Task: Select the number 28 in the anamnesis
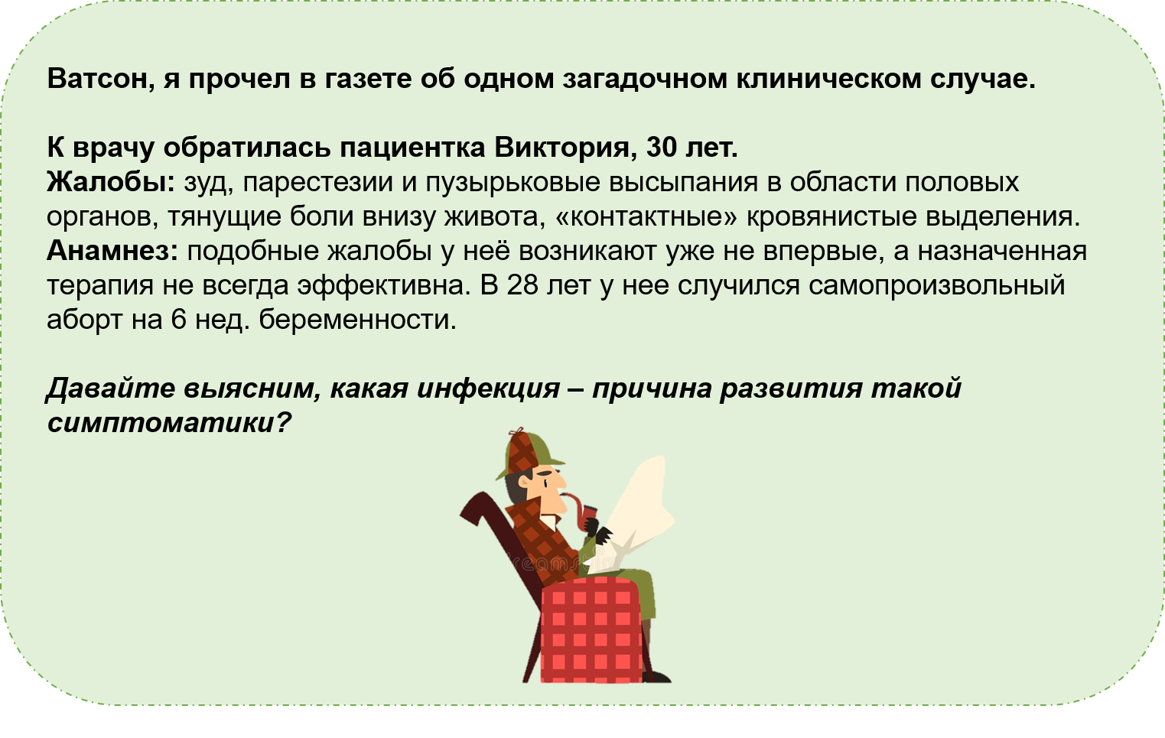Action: [x=522, y=285]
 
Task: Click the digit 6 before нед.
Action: [x=178, y=320]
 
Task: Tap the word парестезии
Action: [x=317, y=183]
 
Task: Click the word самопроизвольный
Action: [x=937, y=286]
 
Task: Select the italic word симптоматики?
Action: [x=169, y=422]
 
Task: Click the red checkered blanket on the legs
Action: [x=591, y=629]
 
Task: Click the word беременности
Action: [x=357, y=320]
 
